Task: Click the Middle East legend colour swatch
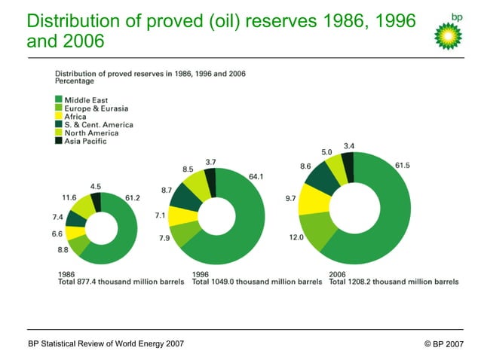58,99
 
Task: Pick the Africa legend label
75,116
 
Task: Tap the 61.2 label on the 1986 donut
133,198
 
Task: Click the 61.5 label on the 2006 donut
403,165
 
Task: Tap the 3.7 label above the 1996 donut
211,162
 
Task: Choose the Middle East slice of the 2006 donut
384,226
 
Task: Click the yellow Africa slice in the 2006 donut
311,199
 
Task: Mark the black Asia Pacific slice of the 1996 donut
210,181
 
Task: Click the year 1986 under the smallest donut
66,273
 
